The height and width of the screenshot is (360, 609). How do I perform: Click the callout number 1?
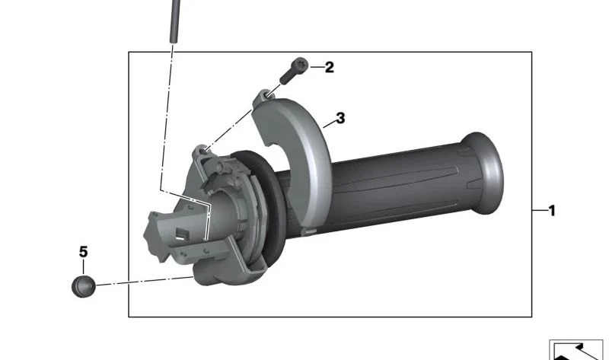click(x=551, y=211)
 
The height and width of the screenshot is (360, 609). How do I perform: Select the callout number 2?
click(x=329, y=67)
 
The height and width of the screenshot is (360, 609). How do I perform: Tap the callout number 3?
click(x=340, y=118)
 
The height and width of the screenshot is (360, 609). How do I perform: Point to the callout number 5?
click(x=84, y=252)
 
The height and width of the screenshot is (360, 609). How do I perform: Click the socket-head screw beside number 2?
click(x=294, y=70)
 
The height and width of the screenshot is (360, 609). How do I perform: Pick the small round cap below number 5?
click(x=84, y=287)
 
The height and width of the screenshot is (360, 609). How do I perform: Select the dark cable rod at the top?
click(x=175, y=21)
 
